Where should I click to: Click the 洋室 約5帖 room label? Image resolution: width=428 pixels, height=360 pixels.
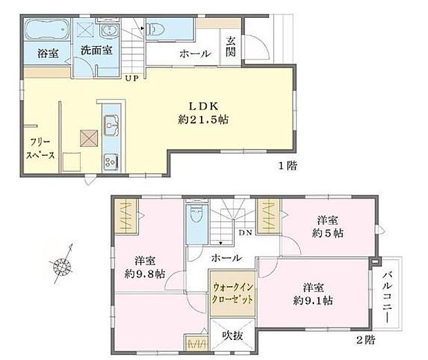(328, 226)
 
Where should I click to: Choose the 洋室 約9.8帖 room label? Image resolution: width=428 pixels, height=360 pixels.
(144, 267)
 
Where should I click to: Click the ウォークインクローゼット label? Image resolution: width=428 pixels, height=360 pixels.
(231, 294)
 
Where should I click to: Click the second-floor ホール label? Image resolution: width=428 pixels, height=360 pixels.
(226, 258)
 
